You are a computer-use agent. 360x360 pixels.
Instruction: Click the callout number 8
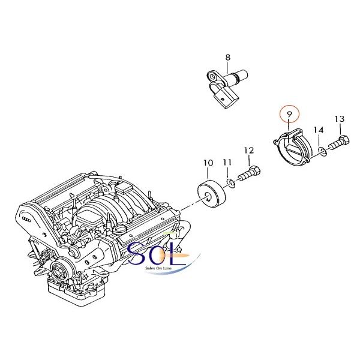coord(227,58)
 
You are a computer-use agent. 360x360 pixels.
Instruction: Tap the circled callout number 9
coord(289,114)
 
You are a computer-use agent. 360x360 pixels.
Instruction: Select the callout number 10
coord(208,163)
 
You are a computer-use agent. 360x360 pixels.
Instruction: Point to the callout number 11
coord(227,163)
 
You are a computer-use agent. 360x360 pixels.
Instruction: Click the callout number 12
coord(249,151)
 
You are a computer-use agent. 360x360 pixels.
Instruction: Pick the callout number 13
coord(340,119)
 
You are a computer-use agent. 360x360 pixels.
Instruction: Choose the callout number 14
coord(319,130)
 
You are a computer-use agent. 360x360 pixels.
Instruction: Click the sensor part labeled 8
coord(227,88)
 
